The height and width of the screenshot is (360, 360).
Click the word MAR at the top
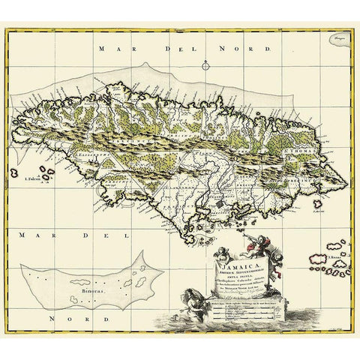(113, 47)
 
